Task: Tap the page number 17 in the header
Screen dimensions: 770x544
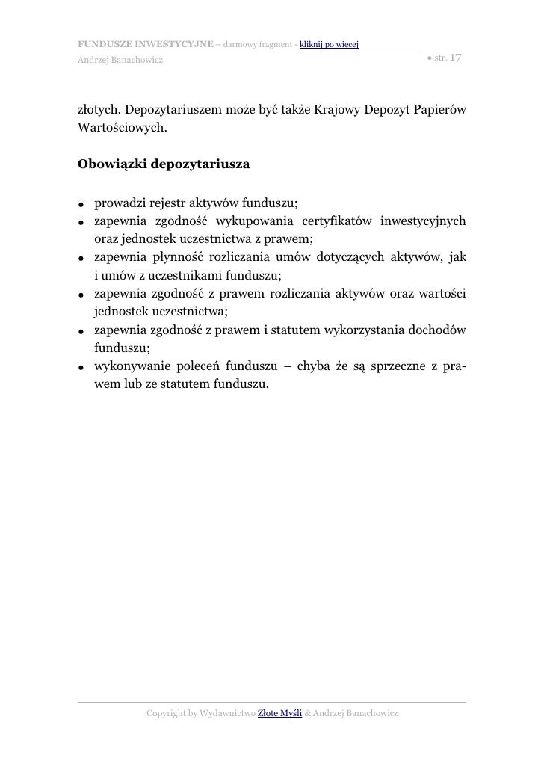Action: [456, 57]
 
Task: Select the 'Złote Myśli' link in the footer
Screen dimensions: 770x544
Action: [279, 714]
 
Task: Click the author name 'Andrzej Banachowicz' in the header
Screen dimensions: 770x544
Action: [120, 59]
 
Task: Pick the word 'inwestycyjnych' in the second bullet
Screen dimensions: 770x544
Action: [423, 221]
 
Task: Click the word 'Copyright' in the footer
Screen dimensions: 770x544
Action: [170, 714]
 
